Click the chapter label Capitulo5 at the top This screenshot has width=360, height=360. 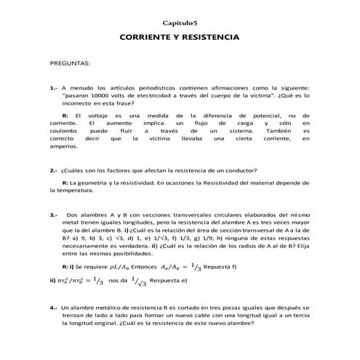pyautogui.click(x=180, y=23)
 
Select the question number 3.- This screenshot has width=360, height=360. pyautogui.click(x=54, y=215)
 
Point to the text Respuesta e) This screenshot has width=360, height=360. pyautogui.click(x=172, y=280)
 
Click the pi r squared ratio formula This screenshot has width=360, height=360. pyautogui.click(x=75, y=280)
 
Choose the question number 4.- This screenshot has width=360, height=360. pyautogui.click(x=54, y=308)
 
